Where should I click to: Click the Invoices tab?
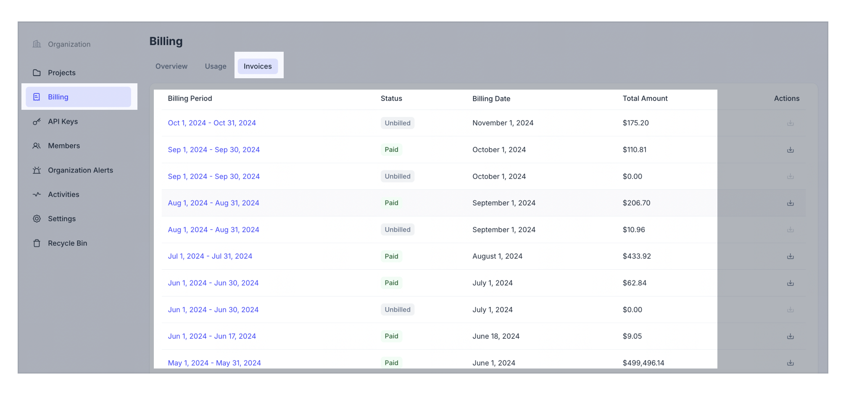(258, 66)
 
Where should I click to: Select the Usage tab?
(216, 66)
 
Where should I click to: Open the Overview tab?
(171, 66)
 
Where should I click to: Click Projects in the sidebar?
(61, 73)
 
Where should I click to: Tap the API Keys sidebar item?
(63, 122)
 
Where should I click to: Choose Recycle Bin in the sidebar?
(67, 243)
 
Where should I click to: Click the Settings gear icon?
(37, 219)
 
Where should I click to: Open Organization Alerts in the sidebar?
(80, 170)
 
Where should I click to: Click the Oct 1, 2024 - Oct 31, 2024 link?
(212, 123)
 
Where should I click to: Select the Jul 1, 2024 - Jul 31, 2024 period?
(210, 256)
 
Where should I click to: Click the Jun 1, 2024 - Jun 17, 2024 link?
(212, 336)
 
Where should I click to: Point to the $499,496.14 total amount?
(643, 363)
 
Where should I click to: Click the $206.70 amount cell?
(636, 203)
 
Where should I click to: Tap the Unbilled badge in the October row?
(397, 123)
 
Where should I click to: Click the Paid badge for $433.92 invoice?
(391, 256)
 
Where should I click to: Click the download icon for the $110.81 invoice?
(790, 150)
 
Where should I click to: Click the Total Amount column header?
(645, 98)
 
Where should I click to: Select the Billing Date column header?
(491, 98)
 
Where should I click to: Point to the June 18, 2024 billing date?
(496, 336)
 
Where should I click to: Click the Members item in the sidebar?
(63, 146)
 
